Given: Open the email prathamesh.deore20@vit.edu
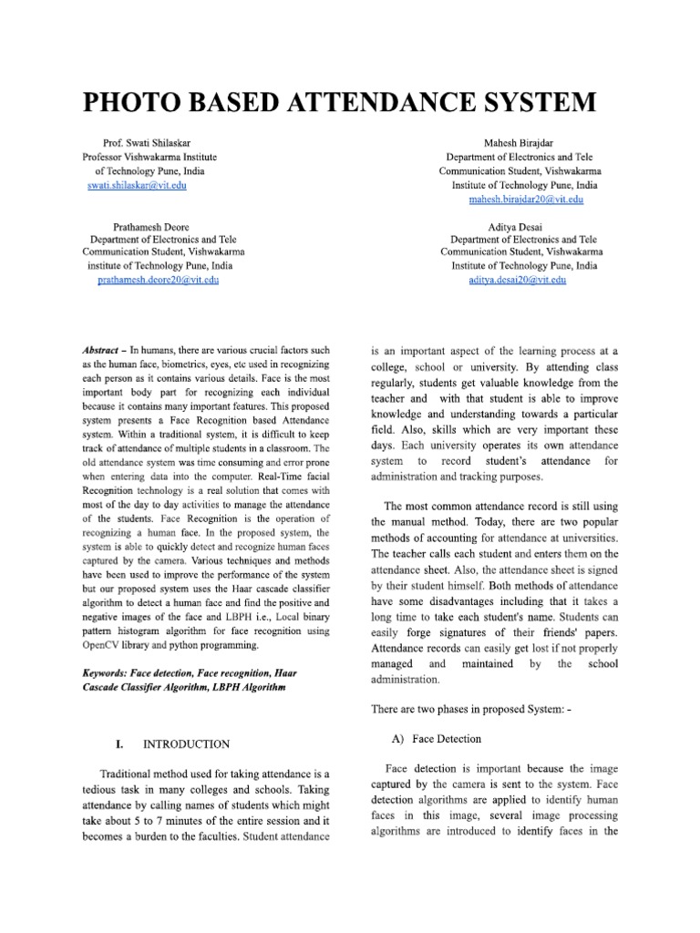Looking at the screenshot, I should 158,280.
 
